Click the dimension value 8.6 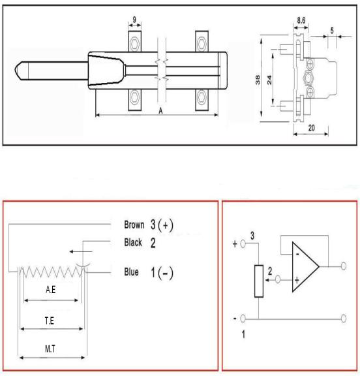301,20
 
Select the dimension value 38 258,80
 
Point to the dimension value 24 269,80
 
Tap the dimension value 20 311,128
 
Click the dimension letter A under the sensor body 160,111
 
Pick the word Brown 134,225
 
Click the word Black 133,242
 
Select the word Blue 131,272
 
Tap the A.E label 50,290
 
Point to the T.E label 50,321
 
